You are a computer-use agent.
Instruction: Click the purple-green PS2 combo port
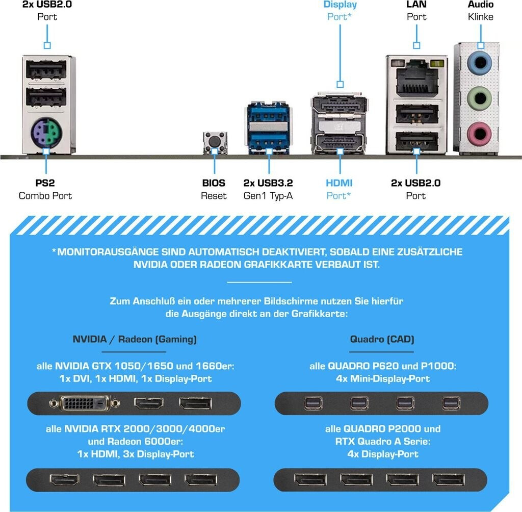point(46,135)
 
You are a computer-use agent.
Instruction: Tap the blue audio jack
point(479,64)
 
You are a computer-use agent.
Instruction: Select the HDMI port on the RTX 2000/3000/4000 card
point(64,480)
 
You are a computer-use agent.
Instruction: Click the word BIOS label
point(214,183)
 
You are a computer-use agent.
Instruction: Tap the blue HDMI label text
point(339,183)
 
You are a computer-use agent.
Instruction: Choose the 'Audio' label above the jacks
point(480,5)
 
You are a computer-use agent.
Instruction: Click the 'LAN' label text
point(416,5)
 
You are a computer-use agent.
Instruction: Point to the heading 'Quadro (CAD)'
point(382,339)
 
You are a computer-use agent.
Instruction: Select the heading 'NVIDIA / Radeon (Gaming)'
point(135,339)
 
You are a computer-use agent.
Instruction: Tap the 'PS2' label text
point(45,183)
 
